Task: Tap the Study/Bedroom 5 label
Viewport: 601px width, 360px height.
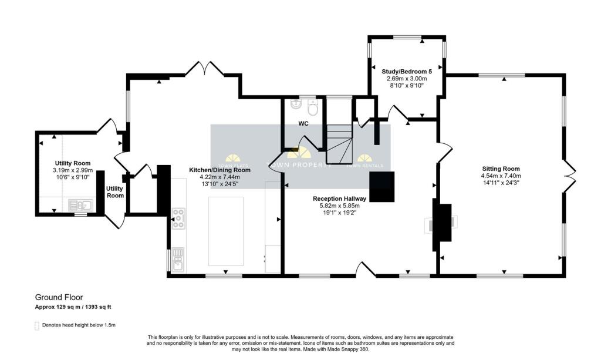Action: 406,72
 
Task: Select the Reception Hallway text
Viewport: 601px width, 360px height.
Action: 339,198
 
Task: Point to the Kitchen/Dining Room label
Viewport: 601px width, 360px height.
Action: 220,170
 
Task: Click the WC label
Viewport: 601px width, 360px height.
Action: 303,124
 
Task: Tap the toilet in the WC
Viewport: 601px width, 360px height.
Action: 313,108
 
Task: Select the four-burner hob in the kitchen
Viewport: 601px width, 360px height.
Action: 178,218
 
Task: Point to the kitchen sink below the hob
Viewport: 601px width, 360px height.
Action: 178,258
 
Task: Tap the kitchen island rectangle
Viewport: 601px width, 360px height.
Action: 226,231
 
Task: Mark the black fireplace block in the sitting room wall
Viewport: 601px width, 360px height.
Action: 443,223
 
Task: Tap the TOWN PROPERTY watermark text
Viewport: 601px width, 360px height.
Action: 299,166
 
